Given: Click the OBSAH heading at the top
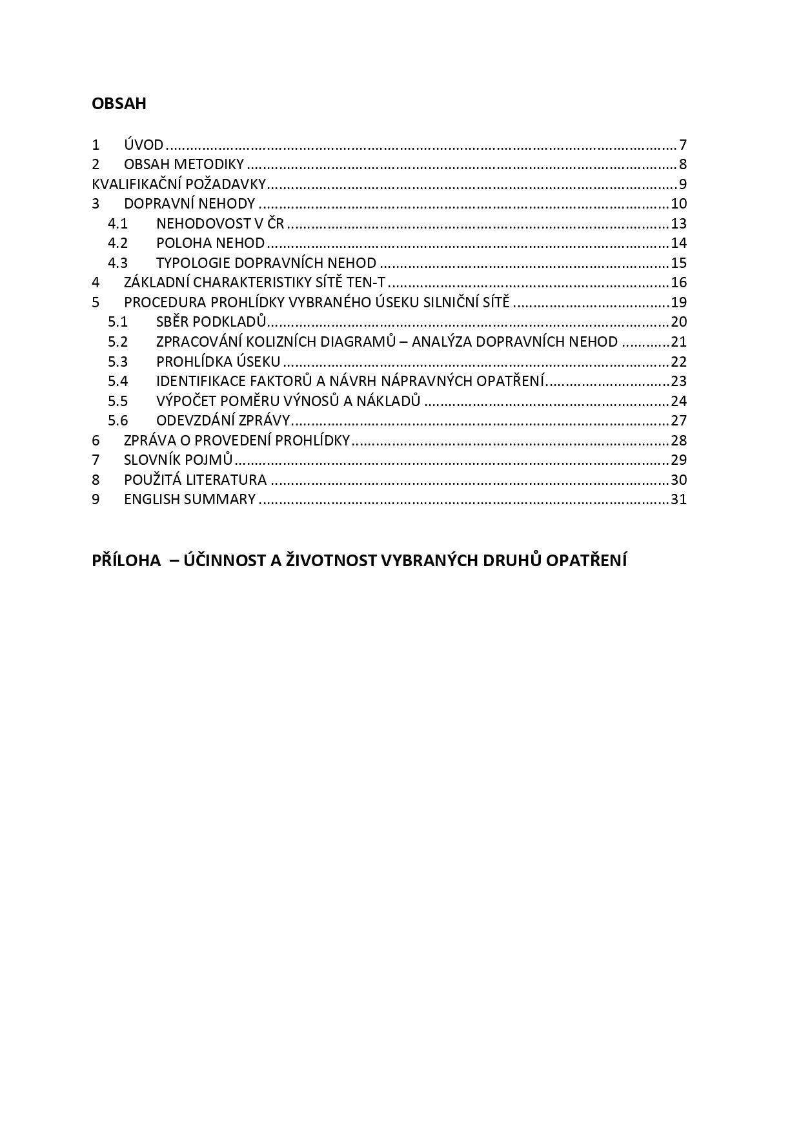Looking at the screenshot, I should tap(119, 104).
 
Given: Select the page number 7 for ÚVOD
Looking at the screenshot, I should tap(682, 145).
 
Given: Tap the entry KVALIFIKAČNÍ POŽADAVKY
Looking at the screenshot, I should tap(179, 184).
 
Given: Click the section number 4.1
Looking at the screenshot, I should tap(117, 224).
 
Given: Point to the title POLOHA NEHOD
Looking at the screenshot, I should tap(210, 243).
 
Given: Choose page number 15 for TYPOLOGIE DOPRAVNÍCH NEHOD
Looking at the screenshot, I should tap(678, 263).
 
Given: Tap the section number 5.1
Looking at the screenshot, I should tap(117, 322).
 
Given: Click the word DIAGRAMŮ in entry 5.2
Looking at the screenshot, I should tap(365, 342).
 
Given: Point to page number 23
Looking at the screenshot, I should tap(678, 382).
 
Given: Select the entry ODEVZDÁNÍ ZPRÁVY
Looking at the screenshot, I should tap(223, 421).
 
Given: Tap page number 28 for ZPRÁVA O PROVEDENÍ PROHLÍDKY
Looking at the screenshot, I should tap(678, 441).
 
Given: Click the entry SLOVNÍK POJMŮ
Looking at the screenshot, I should tap(178, 460).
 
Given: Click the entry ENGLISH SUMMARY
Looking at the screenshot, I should tap(190, 500).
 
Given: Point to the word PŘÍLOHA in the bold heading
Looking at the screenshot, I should tap(127, 560).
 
